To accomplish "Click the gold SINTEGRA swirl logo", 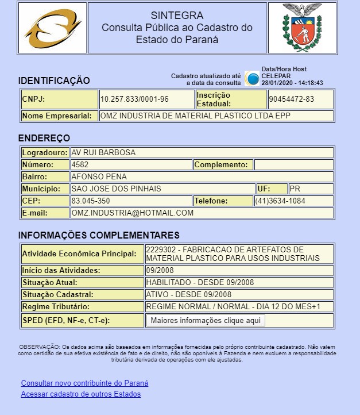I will point(52,28).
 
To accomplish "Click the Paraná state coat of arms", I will point(302,28).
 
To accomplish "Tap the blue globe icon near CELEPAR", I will point(252,78).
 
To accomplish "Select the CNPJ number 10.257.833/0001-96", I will point(135,99).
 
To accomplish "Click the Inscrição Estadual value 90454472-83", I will point(291,99).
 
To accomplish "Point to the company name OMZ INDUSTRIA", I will point(195,116).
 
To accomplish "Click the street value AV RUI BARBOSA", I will point(103,153).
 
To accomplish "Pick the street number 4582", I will point(80,165).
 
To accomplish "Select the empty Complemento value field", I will point(293,165).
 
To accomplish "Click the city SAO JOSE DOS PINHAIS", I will point(116,189).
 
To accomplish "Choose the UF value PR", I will point(295,189).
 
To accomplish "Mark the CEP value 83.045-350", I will point(91,201).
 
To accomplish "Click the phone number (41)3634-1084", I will point(281,201).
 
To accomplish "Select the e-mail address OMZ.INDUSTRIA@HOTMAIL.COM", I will point(132,213).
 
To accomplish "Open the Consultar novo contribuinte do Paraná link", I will point(84,383).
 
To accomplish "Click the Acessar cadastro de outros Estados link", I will point(80,394).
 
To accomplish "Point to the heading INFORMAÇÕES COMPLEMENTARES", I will point(99,236).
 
